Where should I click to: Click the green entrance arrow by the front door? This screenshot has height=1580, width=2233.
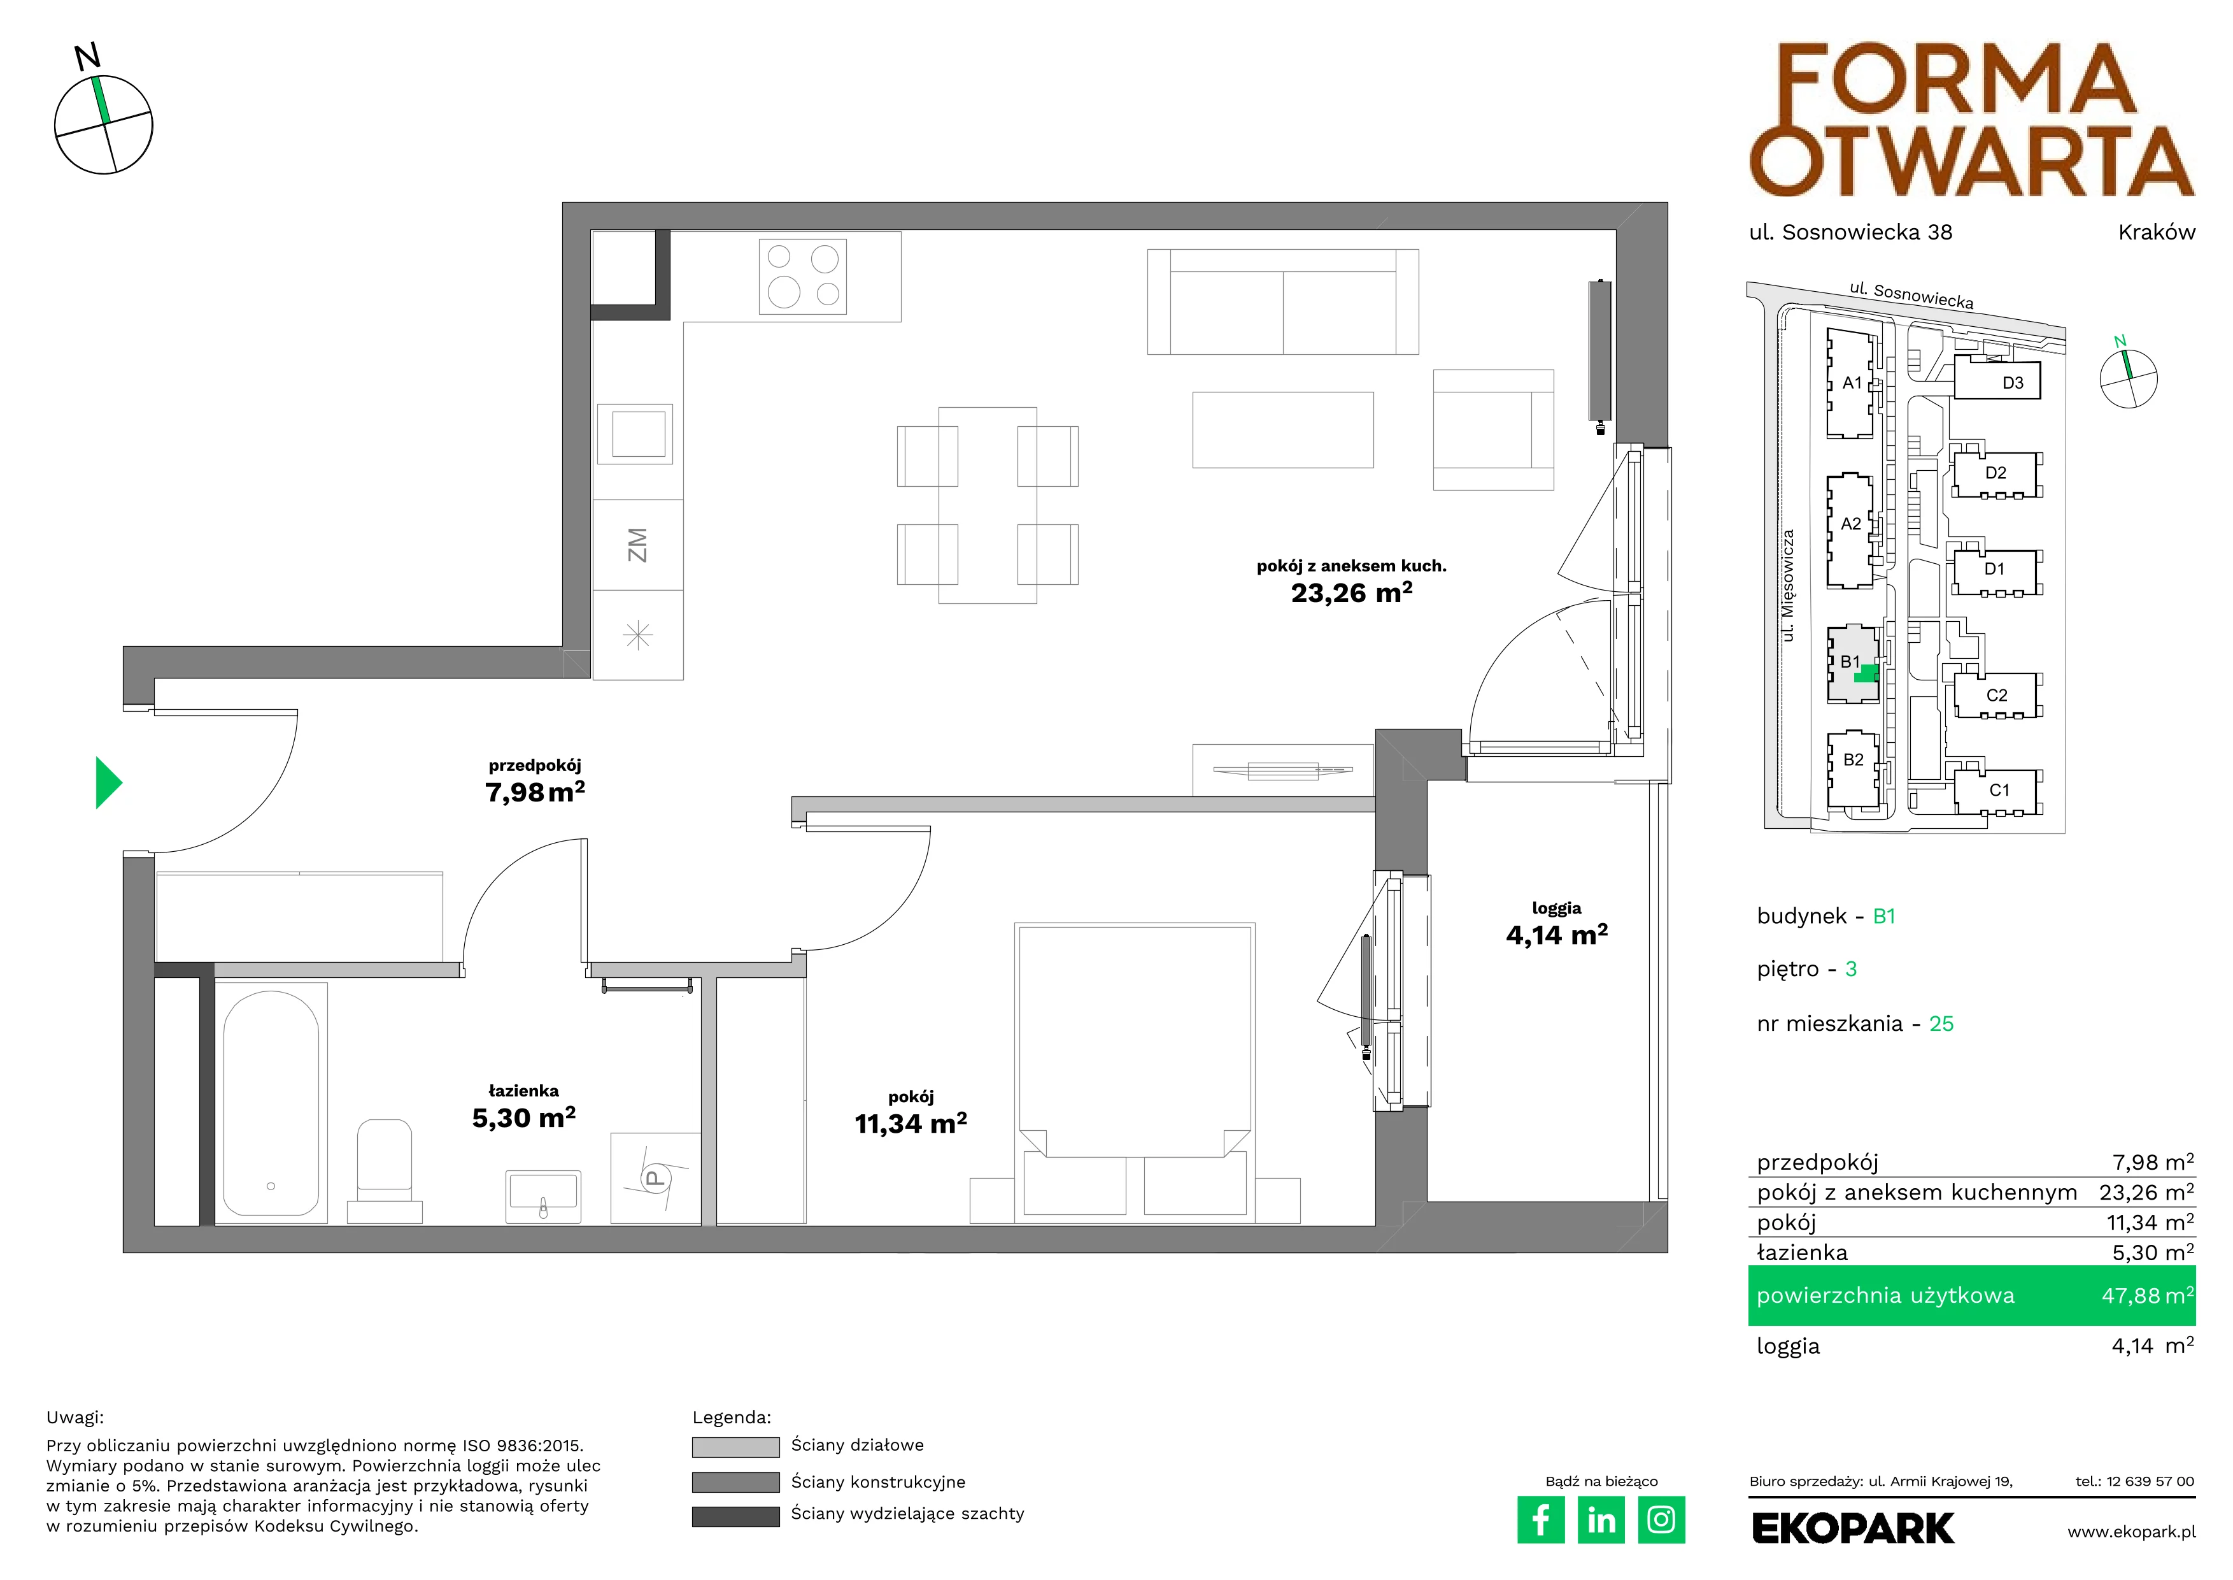point(107,782)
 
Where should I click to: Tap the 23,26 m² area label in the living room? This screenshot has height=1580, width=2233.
point(1351,592)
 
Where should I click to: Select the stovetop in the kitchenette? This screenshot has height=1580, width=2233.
point(802,276)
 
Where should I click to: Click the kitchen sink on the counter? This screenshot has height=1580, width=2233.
point(638,433)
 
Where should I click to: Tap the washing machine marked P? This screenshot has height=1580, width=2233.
point(655,1177)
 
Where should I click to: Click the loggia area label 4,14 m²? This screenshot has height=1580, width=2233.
point(1556,935)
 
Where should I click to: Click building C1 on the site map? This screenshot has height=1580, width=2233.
point(1999,790)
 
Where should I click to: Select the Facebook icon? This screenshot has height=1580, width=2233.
point(1540,1519)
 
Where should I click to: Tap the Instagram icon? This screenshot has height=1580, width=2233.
point(1661,1519)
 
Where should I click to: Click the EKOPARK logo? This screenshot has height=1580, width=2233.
point(1853,1528)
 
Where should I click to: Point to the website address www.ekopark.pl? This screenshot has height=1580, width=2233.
point(2131,1532)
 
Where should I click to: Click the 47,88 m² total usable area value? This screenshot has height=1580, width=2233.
point(2148,1296)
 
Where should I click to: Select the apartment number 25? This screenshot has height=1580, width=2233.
point(1941,1024)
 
